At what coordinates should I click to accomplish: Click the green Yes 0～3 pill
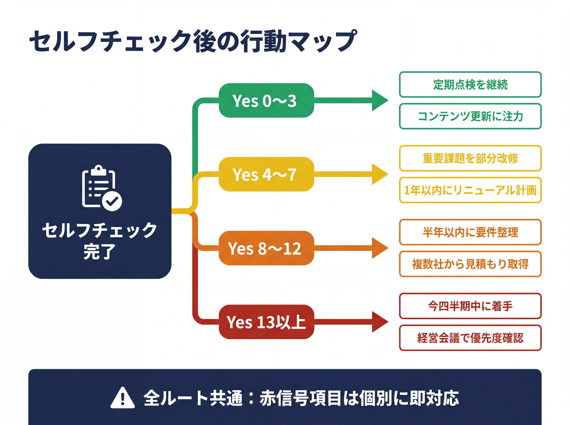tap(266, 100)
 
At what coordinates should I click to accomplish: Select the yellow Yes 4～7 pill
tap(266, 174)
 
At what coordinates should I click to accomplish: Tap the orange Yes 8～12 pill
tap(266, 248)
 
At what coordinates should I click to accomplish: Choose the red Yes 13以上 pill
tap(266, 322)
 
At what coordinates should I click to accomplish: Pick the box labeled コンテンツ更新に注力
tap(470, 116)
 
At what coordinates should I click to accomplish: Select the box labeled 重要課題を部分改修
tap(470, 158)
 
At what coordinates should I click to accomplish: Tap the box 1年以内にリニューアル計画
tap(470, 190)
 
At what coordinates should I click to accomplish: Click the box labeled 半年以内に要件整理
tap(470, 232)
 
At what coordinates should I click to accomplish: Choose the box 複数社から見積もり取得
tap(470, 264)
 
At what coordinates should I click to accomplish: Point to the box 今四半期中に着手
tap(470, 306)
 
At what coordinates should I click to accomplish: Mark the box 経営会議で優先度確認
tap(470, 338)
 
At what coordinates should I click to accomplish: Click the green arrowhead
tap(379, 100)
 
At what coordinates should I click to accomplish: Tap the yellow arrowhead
tap(379, 174)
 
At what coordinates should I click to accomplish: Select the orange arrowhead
tap(379, 248)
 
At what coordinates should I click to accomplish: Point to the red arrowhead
tap(379, 322)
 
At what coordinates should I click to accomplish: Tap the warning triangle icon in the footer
tap(123, 398)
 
